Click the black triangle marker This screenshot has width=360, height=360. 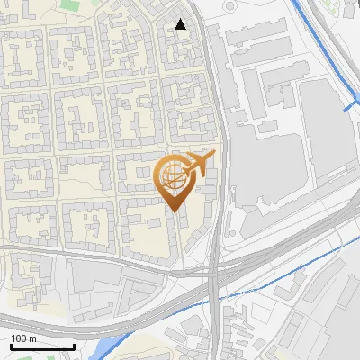(x=181, y=24)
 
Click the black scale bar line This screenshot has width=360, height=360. (x=42, y=346)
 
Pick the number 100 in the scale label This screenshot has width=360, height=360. (x=19, y=338)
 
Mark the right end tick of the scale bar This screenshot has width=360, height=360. (x=75, y=345)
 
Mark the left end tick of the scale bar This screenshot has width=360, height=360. (x=10, y=345)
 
